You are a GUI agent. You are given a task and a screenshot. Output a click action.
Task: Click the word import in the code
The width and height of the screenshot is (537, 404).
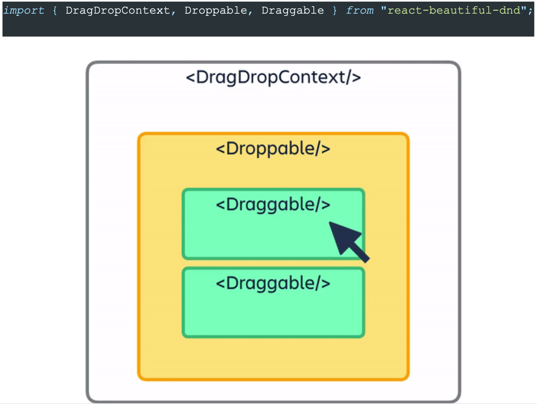click(24, 10)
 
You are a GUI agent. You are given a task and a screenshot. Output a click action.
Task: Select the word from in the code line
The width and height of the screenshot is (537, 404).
click(360, 10)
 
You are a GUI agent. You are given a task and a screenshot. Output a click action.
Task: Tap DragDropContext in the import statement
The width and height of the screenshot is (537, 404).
click(117, 10)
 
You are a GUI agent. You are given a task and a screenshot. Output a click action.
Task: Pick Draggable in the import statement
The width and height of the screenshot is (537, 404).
click(293, 10)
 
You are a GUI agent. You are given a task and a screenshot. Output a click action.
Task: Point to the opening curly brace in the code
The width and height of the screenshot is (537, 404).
click(55, 10)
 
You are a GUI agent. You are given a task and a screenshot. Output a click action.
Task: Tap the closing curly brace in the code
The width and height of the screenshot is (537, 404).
click(334, 10)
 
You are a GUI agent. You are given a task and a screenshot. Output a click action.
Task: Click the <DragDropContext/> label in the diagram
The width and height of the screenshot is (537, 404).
click(273, 77)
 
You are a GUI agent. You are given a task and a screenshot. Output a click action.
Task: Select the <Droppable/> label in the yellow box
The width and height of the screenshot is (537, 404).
click(273, 149)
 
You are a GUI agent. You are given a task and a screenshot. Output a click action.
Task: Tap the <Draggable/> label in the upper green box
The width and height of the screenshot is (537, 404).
click(273, 205)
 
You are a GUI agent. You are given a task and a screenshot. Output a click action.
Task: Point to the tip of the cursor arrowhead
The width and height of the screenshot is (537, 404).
click(330, 222)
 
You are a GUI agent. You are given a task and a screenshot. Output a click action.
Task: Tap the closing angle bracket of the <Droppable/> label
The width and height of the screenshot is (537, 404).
click(325, 149)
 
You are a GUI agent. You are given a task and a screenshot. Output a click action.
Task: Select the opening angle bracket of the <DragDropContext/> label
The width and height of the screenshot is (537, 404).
click(190, 77)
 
